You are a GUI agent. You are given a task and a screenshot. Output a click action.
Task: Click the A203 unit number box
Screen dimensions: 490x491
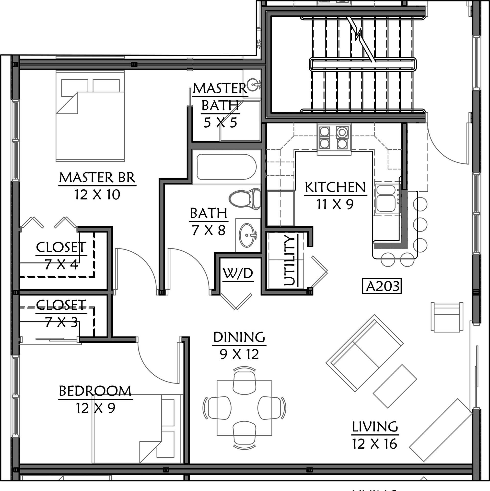(382, 286)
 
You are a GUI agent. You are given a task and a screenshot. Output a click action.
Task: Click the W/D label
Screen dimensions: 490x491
(238, 273)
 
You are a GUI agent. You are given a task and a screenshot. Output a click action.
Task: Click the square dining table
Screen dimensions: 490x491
(244, 408)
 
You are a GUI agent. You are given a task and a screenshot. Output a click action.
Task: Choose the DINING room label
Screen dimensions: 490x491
(239, 337)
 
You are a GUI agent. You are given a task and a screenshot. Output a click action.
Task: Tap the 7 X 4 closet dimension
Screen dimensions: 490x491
(61, 265)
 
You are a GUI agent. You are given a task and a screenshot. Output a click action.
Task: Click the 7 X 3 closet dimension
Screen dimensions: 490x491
(61, 322)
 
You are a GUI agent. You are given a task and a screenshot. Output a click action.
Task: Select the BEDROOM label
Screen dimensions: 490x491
(95, 391)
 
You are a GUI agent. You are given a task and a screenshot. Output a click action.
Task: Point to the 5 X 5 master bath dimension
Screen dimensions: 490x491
(220, 123)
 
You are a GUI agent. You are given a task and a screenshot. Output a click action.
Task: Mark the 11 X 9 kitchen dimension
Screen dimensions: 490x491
(335, 204)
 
